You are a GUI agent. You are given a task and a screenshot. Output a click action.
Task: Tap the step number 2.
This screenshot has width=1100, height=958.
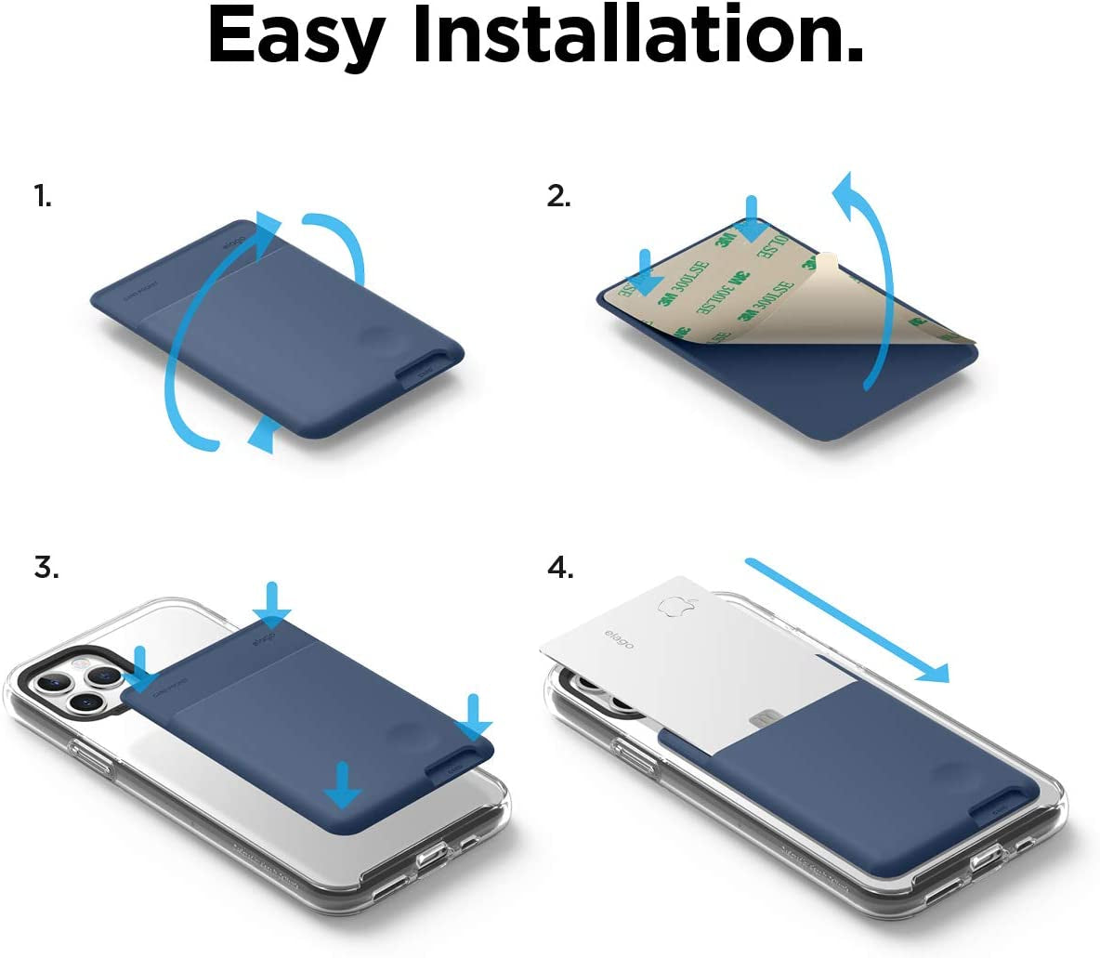point(558,196)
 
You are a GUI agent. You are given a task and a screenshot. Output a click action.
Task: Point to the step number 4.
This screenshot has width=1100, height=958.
point(560,567)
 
